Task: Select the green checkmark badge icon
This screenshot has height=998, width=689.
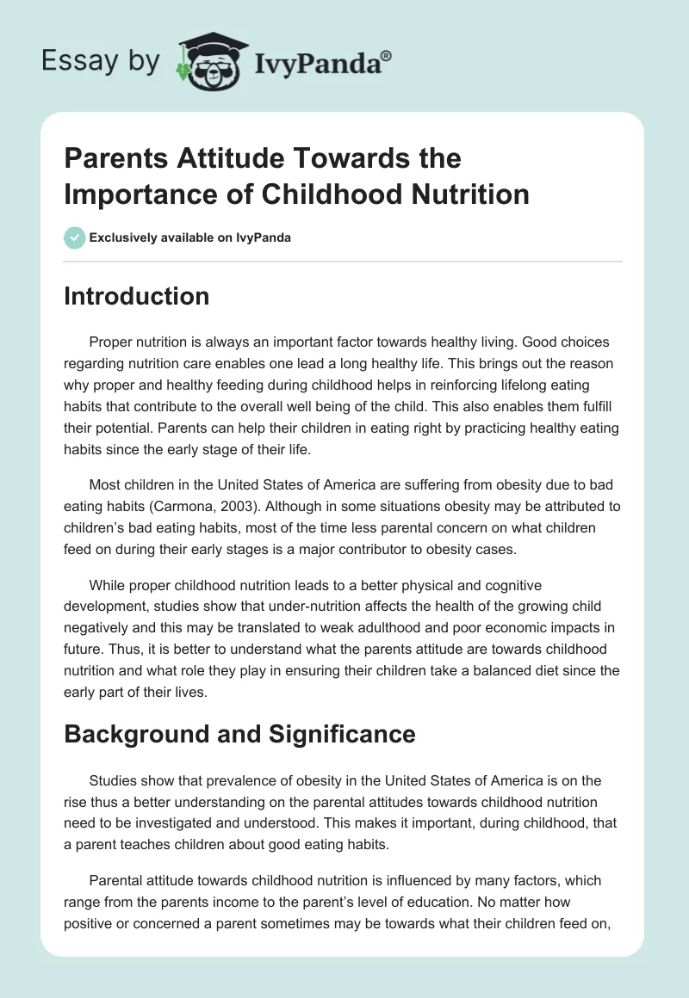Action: [74, 237]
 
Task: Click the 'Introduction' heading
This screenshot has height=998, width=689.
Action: [137, 296]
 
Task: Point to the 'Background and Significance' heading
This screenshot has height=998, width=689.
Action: [239, 734]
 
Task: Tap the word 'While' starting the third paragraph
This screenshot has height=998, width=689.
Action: [108, 585]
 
